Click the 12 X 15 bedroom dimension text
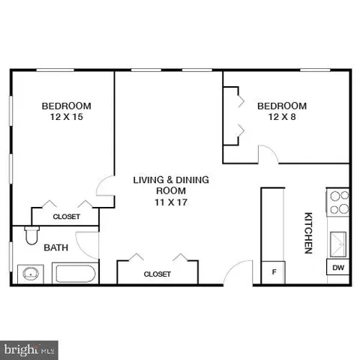point(66,118)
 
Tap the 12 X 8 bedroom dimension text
point(282,118)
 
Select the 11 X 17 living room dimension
point(170,202)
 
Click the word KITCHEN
point(307,233)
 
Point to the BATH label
point(55,247)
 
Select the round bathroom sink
point(31,273)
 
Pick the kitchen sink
point(339,243)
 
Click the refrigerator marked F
point(274,271)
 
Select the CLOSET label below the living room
point(157,274)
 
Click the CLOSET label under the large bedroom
point(66,217)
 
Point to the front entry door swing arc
point(238,271)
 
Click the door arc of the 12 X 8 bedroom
point(265,154)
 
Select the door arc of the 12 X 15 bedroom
point(106,187)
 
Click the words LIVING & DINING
point(171,180)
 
